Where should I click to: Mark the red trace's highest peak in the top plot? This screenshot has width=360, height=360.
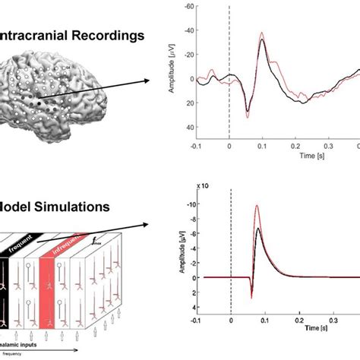[x=262, y=34]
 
